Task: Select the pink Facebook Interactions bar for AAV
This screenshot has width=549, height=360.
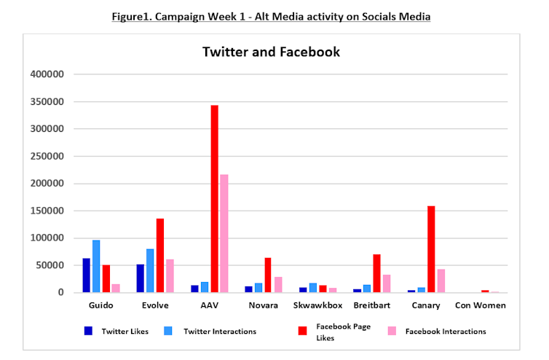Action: click(224, 233)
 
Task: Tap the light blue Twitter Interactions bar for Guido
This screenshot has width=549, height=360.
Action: click(96, 266)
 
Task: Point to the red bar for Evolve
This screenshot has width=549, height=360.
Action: click(160, 255)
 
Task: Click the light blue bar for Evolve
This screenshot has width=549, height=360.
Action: click(151, 270)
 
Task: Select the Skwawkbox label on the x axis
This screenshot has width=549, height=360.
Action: click(318, 305)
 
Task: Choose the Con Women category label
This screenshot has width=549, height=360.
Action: click(481, 305)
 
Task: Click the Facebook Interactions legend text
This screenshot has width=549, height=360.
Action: click(445, 331)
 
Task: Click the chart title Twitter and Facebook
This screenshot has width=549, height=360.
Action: click(271, 52)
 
